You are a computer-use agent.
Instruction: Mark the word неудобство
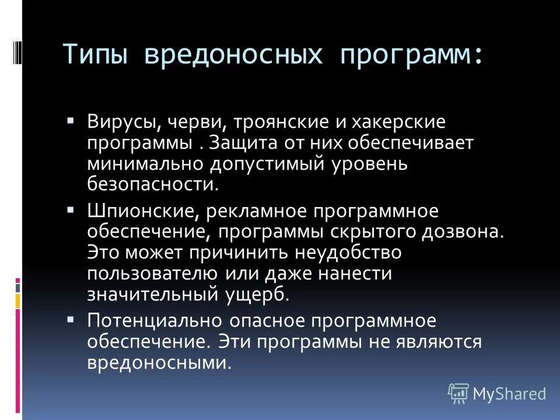(x=342, y=252)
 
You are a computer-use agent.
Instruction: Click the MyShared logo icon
(x=458, y=394)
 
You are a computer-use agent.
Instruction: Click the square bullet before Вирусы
(x=71, y=121)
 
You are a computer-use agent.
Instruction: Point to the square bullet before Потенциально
(x=71, y=318)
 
